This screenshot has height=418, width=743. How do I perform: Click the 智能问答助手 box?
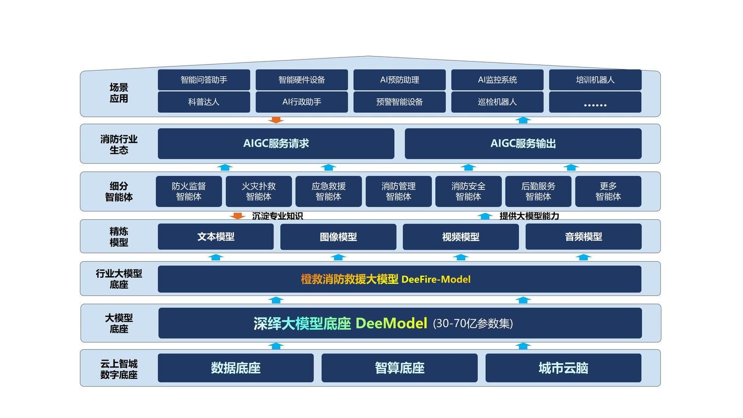point(204,80)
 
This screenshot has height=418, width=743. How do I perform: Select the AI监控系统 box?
point(497,80)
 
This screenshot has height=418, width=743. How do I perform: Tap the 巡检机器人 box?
point(497,102)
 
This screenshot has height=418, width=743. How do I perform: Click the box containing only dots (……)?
point(595,102)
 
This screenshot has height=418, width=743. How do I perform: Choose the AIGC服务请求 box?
point(276,144)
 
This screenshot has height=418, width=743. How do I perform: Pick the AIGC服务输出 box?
point(523,144)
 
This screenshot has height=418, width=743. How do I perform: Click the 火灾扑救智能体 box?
point(259,191)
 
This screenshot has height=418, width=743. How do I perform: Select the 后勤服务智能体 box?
point(538,191)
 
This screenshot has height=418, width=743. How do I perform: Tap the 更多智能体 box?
point(608,191)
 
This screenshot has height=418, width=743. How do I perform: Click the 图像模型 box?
point(338,237)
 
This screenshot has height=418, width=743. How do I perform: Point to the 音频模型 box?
point(584,237)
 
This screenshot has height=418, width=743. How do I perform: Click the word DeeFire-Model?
point(436,279)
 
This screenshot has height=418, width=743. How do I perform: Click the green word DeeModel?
point(391,323)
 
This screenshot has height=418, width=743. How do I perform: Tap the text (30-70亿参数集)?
point(473,324)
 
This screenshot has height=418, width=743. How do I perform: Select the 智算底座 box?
point(400,368)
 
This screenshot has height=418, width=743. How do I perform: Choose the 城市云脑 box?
point(563,368)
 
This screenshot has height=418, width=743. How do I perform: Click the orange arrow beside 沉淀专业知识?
point(238,216)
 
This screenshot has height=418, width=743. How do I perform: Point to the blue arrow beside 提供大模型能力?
point(485,216)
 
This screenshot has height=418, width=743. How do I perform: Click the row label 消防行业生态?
point(119,144)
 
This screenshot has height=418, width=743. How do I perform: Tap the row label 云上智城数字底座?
point(119,369)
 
